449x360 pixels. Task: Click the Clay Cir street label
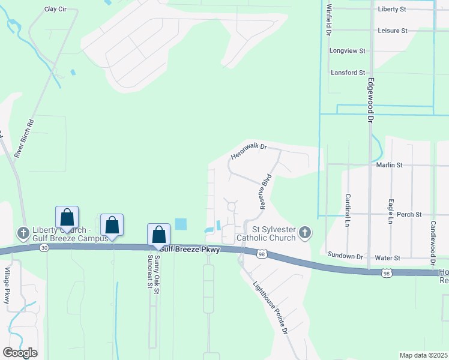coord(55,10)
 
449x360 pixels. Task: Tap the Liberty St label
coord(392,9)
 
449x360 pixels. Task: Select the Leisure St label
coord(393,30)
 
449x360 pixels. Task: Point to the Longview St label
coord(348,51)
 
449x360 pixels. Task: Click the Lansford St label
coord(348,73)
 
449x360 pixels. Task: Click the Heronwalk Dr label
coord(248,151)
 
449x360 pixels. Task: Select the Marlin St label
coord(389,164)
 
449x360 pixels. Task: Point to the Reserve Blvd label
coord(266,191)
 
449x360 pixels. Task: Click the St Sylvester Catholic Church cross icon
coord(305,232)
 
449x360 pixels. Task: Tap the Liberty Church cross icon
coord(23,232)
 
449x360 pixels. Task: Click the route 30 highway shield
coord(43,247)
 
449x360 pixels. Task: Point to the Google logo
coord(20,353)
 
